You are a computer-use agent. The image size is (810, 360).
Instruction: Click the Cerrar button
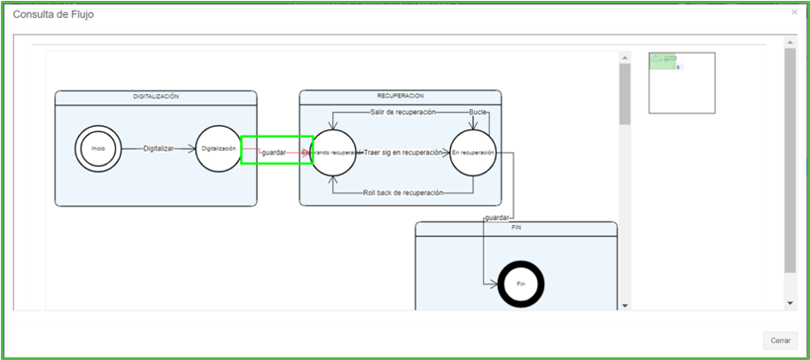(780, 340)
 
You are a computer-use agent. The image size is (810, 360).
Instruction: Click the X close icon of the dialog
(794, 12)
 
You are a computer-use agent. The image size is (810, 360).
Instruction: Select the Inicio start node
(97, 148)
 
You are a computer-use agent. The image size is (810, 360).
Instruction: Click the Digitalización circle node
(219, 148)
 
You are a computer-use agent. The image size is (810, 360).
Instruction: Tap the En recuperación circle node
(472, 153)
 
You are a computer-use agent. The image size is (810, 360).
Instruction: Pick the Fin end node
(521, 284)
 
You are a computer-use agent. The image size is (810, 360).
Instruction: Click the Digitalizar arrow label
(159, 149)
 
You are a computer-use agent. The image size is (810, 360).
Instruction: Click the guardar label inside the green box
(274, 153)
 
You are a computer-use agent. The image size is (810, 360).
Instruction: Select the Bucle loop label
(479, 112)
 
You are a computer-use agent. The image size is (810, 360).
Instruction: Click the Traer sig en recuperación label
(402, 153)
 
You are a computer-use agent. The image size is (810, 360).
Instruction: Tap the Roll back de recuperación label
(403, 192)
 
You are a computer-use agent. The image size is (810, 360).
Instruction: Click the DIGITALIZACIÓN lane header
(156, 96)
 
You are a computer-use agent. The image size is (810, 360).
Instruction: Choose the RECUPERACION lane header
(400, 95)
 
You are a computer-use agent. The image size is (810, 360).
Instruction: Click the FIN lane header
(517, 227)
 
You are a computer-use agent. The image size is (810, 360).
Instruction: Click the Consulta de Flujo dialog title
(53, 15)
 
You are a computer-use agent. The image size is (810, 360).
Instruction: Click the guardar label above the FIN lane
(497, 217)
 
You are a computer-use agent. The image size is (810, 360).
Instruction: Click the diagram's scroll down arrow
(625, 305)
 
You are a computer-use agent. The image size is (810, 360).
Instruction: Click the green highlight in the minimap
(662, 61)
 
